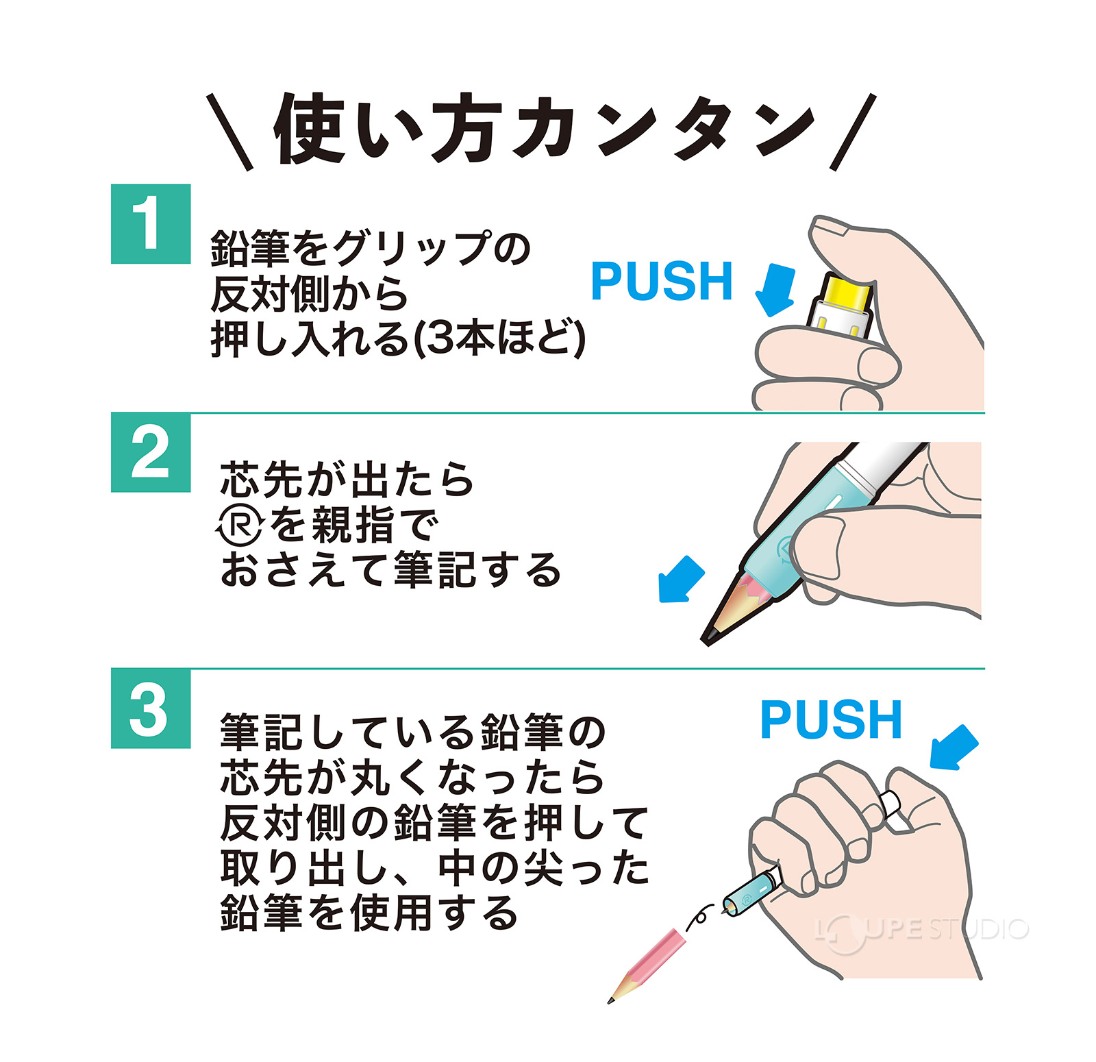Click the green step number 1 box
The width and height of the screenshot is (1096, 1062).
pos(151,224)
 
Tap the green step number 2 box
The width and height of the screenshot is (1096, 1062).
pos(151,452)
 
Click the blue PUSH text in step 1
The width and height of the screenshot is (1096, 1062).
pos(662,282)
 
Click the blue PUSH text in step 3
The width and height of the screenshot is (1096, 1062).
pos(831,720)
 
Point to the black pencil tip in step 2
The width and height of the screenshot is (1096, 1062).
pos(710,634)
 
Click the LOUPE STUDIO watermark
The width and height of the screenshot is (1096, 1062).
pos(921,930)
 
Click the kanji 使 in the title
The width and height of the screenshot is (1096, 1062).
pos(309,129)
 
